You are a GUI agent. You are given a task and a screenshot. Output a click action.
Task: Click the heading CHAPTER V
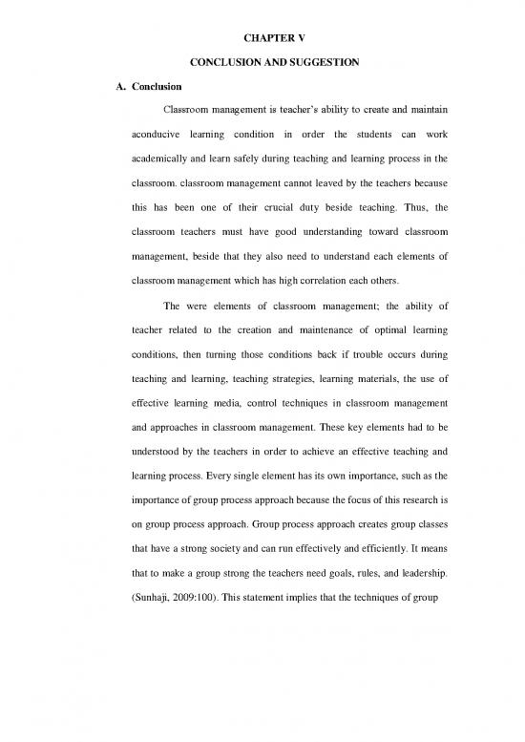point(262,15)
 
